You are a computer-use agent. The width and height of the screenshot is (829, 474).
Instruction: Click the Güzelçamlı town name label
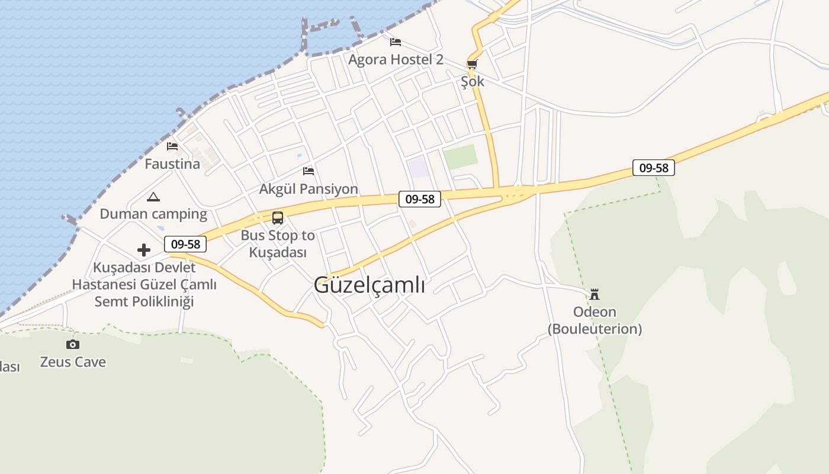pyautogui.click(x=369, y=285)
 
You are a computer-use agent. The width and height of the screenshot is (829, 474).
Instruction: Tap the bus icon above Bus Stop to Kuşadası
pyautogui.click(x=278, y=217)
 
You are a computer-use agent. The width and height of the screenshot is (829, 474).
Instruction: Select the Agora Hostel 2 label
pyautogui.click(x=396, y=59)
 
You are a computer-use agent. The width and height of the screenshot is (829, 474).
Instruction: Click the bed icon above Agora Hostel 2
pyautogui.click(x=396, y=41)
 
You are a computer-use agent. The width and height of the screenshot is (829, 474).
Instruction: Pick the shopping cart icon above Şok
pyautogui.click(x=472, y=64)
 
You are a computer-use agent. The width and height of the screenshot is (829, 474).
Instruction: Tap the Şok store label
pyautogui.click(x=473, y=81)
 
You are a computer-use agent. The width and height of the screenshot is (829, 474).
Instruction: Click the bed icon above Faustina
pyautogui.click(x=172, y=146)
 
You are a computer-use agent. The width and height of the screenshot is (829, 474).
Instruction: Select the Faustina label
pyautogui.click(x=172, y=164)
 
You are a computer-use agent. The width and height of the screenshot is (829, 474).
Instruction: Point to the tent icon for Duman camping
pyautogui.click(x=153, y=197)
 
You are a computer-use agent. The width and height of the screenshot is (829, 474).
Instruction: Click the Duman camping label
pyautogui.click(x=153, y=214)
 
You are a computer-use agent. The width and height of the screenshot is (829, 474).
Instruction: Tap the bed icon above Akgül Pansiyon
pyautogui.click(x=309, y=171)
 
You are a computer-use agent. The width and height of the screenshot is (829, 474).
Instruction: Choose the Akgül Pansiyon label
pyautogui.click(x=309, y=189)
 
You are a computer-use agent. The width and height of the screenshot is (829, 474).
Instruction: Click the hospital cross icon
pyautogui.click(x=144, y=250)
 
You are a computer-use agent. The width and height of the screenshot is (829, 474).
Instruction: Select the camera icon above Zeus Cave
pyautogui.click(x=73, y=344)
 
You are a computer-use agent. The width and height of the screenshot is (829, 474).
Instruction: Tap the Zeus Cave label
pyautogui.click(x=73, y=362)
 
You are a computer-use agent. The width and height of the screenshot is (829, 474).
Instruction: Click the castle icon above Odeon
pyautogui.click(x=595, y=294)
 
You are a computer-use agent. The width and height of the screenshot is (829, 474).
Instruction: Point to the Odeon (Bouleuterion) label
pyautogui.click(x=595, y=320)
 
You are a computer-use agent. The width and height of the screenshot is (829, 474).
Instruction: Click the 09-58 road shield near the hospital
pyautogui.click(x=185, y=244)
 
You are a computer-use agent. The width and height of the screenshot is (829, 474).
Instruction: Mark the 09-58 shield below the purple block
pyautogui.click(x=420, y=199)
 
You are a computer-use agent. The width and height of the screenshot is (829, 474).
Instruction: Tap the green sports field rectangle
pyautogui.click(x=460, y=157)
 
